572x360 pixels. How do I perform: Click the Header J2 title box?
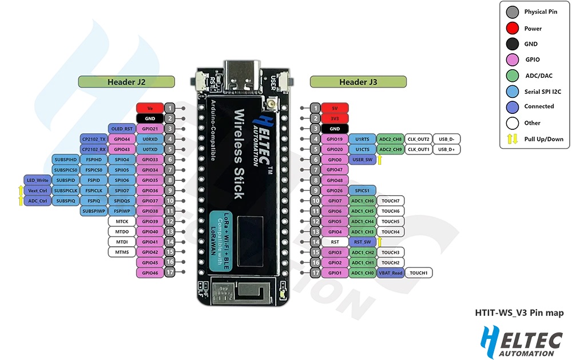coord(126,82)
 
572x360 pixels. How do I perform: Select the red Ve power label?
coord(150,108)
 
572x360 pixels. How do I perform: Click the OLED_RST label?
coord(121,128)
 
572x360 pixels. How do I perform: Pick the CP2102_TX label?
coord(94,139)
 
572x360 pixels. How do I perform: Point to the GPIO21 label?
coord(150,128)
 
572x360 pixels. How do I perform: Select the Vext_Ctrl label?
coord(37,191)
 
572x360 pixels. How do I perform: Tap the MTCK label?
coord(121,221)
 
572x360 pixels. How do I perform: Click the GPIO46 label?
coord(150,273)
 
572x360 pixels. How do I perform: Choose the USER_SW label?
coord(363,160)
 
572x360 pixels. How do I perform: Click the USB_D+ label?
coord(446,149)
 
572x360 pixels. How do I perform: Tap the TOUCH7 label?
coord(391,201)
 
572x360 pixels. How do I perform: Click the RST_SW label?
coord(363,242)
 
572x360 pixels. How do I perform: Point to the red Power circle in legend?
coord(513,28)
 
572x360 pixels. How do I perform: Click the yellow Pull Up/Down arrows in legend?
coord(513,138)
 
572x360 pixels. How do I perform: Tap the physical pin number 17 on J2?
coord(170,273)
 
